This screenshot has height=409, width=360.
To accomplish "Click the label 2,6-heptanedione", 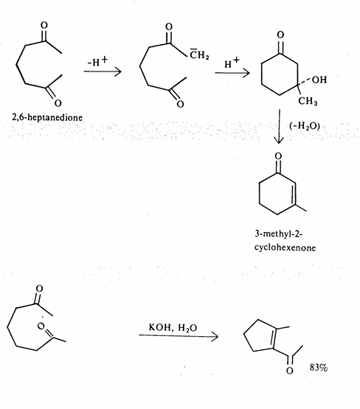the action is pos(47,117).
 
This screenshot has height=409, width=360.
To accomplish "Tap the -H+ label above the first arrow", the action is pos(97,61).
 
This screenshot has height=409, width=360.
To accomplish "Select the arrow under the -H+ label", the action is pos(103,71).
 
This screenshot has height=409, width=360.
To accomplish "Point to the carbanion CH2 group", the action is pos(199,55).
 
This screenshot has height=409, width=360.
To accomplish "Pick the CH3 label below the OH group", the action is pos(308,101).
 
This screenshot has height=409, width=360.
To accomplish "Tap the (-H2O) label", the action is pos(305,126).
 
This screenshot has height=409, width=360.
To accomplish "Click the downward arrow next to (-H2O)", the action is pos(279,126).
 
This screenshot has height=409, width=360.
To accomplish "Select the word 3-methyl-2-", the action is pos(279,234).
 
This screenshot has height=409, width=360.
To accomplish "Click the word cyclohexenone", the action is pos(285,247).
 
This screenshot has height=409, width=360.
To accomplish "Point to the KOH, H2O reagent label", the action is pos(173,327).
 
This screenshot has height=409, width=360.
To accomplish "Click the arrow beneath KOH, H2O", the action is pos(179,336).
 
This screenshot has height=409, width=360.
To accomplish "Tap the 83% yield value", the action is pos(319,368).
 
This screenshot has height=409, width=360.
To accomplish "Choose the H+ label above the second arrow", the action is pos(232,63).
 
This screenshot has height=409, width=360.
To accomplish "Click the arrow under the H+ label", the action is pos(232,73).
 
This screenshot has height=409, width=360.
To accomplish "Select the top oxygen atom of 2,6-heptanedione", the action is pos(44,25).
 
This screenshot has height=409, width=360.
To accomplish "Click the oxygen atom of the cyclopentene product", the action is pos(289,371).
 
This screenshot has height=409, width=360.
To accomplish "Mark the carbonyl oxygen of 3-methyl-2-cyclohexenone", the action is pos(279,156).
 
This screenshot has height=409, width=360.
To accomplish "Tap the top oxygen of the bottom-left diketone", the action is pos(39,288).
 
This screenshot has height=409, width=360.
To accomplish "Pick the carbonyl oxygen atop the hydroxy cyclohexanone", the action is pos(280,35).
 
